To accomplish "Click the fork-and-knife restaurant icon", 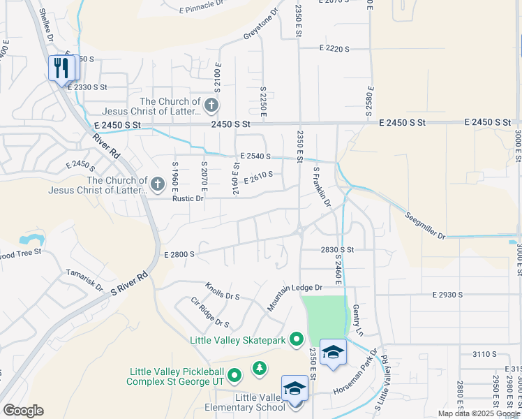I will (x=63, y=68).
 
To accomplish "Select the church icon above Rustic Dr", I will (x=158, y=184).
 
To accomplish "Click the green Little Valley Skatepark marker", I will (x=297, y=340).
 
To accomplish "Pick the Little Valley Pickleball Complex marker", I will (x=234, y=376).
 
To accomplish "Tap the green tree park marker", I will (x=260, y=367).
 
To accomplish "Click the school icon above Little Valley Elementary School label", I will (x=294, y=388).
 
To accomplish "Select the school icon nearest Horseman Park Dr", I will (x=334, y=353).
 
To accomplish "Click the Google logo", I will (x=23, y=410).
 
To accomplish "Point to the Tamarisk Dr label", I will (x=84, y=280).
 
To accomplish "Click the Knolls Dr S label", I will (x=223, y=291).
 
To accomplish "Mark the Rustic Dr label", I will (x=188, y=198).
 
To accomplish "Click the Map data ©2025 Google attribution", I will (x=479, y=413).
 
